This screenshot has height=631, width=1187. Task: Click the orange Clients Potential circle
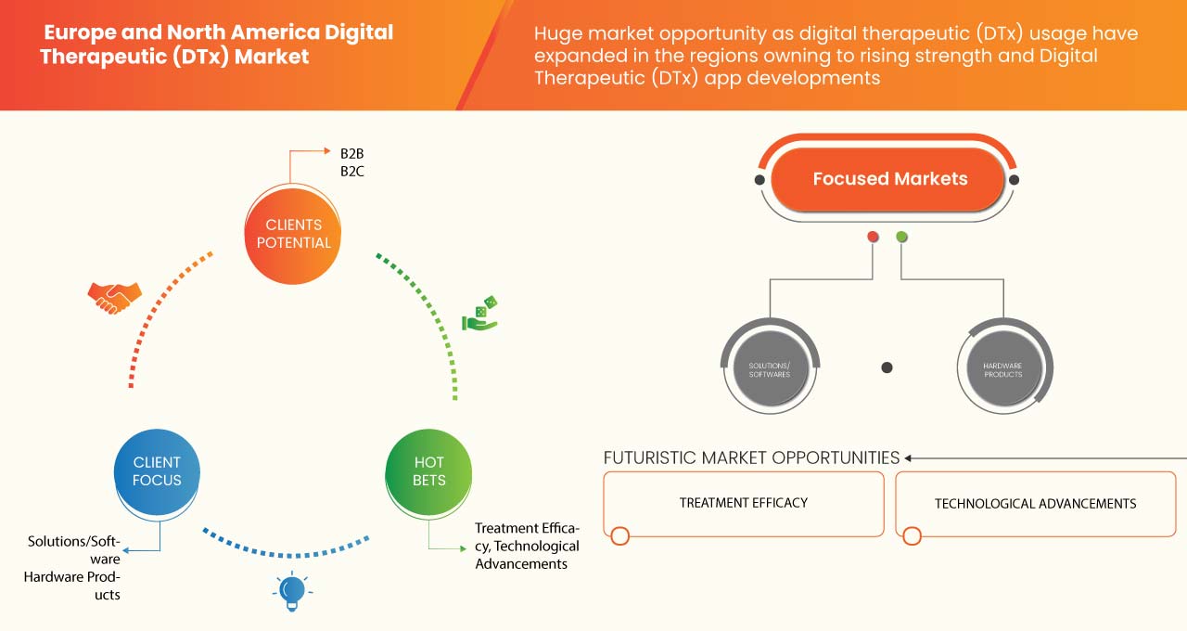[x=293, y=234]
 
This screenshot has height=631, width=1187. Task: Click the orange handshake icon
[x=114, y=297]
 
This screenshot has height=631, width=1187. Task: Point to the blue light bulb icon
[x=293, y=590]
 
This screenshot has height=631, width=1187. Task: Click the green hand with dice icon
[x=480, y=315]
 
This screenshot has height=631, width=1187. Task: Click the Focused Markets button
[x=889, y=179]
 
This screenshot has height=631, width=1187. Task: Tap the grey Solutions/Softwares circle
[x=769, y=368]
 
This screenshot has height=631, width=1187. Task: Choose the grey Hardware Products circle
[x=1003, y=368]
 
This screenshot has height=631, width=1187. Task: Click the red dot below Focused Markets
[x=873, y=238]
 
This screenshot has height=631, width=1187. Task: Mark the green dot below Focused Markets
[x=901, y=238]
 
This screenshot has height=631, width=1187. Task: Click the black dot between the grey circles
[x=887, y=367]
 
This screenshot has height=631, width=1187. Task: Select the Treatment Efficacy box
[x=744, y=503]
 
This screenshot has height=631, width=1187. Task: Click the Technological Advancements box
[x=1035, y=504]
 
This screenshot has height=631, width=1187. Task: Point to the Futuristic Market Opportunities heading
[x=751, y=457]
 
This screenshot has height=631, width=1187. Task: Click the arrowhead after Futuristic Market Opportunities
[x=909, y=457]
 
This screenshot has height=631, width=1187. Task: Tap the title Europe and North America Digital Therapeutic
[x=219, y=44]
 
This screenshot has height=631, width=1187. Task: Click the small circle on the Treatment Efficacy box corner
[x=619, y=535]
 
